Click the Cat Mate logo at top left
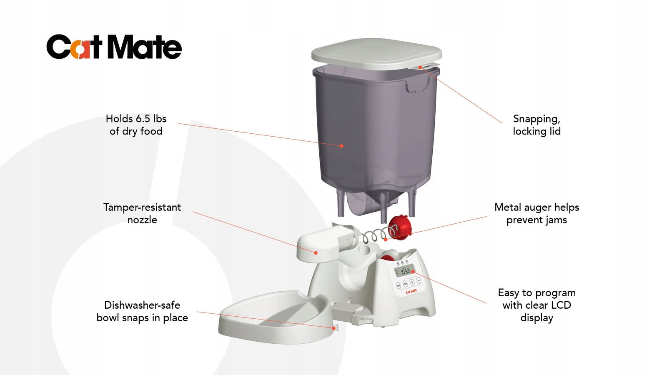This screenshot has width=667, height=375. tap(114, 47)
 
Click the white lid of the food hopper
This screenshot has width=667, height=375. tap(376, 55)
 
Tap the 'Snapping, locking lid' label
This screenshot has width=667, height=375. tap(537, 125)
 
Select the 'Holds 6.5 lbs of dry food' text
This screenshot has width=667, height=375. tap(136, 125)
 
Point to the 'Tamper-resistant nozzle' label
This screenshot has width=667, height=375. tap(142, 213)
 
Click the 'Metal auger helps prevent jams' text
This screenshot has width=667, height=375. tap(537, 213)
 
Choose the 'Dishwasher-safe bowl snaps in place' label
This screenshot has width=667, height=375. tap(142, 311)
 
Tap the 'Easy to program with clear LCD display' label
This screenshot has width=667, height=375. tap(537, 305)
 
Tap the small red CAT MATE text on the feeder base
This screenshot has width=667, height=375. tap(411, 292)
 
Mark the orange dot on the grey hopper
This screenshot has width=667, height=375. tap(341, 146)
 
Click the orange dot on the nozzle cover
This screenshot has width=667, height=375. tap(316, 252)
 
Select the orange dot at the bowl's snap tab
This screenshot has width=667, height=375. tap(334, 328)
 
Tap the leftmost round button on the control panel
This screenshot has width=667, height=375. tap(399, 285)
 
